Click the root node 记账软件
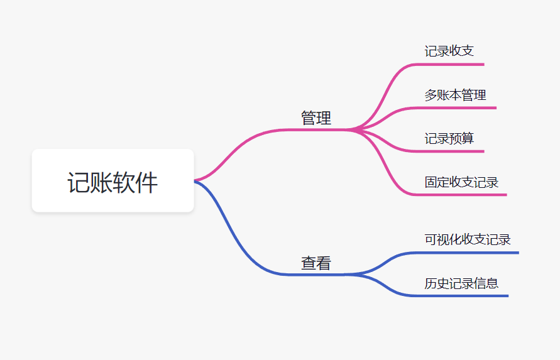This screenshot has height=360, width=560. (113, 181)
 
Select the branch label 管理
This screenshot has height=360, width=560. (316, 118)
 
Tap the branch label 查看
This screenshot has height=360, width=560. (316, 263)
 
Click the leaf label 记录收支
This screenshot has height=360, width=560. (449, 51)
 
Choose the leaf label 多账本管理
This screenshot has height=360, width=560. (455, 95)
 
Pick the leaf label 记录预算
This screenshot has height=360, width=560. (449, 138)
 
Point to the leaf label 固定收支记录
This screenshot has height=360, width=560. (461, 182)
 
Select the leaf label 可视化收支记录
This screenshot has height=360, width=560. (468, 239)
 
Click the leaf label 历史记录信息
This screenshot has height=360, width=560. (461, 283)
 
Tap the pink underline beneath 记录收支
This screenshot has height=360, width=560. (453, 64)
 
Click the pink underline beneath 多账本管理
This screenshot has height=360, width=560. (459, 108)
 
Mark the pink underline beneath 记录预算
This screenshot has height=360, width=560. (453, 151)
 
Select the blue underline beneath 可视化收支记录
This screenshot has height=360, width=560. (471, 253)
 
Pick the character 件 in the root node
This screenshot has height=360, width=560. (146, 182)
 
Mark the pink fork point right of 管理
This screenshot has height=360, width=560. (352, 130)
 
